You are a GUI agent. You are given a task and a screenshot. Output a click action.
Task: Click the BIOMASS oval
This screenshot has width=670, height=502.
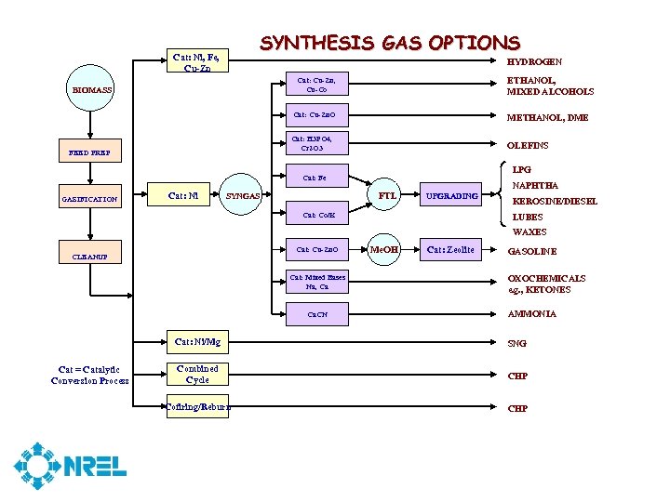click(x=93, y=90)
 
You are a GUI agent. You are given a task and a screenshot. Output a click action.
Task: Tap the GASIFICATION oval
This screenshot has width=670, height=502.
click(x=90, y=199)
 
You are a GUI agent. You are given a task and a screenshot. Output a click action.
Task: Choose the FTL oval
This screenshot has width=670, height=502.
click(x=388, y=196)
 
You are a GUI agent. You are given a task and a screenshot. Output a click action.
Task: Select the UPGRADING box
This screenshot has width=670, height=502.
click(x=452, y=196)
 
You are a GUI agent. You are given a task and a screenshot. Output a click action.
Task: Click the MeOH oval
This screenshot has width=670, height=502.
click(x=384, y=249)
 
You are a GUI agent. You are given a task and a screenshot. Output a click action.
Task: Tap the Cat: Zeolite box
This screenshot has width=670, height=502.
click(x=450, y=249)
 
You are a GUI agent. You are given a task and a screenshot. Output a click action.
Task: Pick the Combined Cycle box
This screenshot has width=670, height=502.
click(x=197, y=374)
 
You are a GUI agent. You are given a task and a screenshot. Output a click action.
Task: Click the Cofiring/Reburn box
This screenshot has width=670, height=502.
click(x=197, y=406)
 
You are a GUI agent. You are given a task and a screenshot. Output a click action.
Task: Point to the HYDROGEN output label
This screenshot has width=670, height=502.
click(x=534, y=61)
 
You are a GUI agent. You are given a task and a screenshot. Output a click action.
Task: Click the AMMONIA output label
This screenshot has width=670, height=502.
click(x=532, y=314)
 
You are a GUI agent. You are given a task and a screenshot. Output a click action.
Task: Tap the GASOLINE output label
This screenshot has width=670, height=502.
click(x=532, y=252)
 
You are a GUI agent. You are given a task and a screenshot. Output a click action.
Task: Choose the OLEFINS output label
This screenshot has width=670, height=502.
click(x=528, y=146)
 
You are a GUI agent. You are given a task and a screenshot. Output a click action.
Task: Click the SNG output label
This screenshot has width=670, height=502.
click(x=516, y=344)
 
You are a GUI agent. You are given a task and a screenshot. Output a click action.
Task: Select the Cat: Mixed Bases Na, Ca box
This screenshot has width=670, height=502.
click(x=317, y=282)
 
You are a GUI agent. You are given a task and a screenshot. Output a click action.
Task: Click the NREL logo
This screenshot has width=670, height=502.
click(x=70, y=467)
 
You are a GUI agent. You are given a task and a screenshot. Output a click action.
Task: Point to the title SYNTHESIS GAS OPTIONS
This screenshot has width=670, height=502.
click(x=390, y=43)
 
